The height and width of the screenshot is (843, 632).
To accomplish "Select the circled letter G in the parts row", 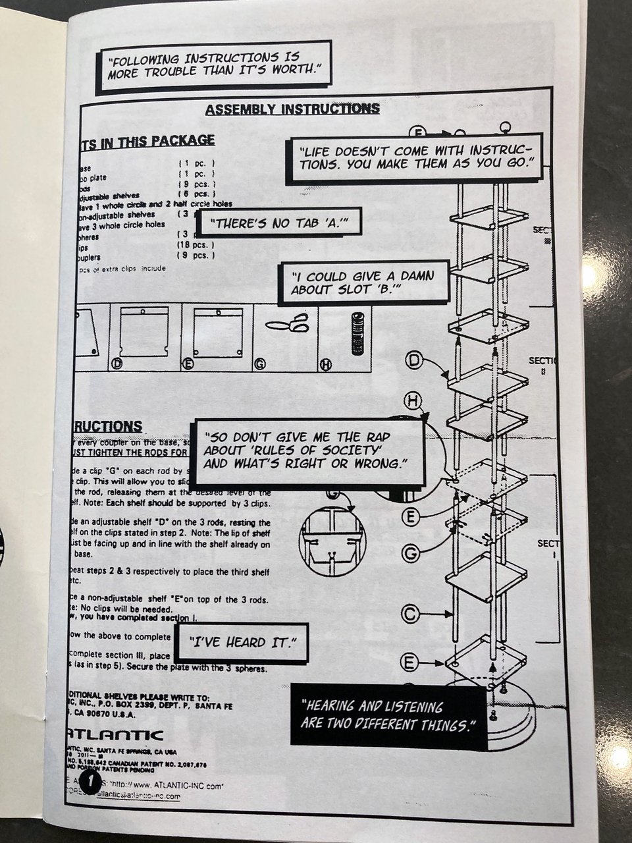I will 259,364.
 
